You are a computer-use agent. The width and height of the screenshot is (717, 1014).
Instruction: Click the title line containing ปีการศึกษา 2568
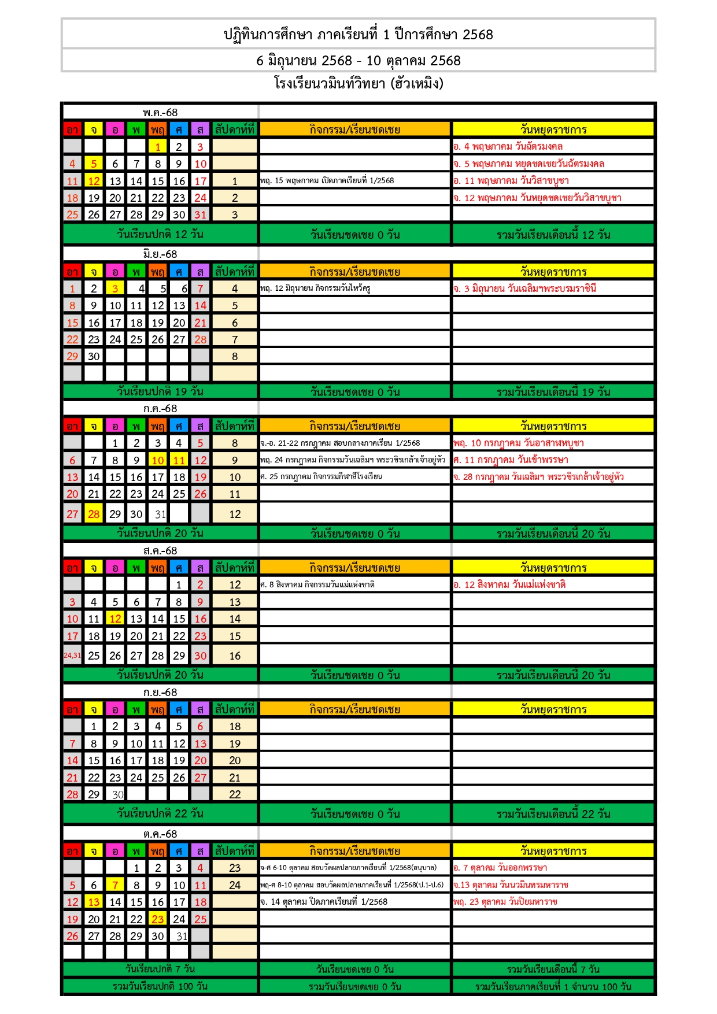pyautogui.click(x=358, y=34)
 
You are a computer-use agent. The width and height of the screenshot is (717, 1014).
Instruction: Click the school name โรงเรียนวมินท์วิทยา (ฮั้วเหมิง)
pyautogui.click(x=358, y=84)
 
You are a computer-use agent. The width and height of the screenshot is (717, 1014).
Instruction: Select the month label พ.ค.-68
pyautogui.click(x=160, y=113)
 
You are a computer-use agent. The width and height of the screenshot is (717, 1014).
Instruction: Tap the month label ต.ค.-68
pyautogui.click(x=160, y=834)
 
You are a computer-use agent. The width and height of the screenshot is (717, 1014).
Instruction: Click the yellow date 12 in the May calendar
pyautogui.click(x=94, y=181)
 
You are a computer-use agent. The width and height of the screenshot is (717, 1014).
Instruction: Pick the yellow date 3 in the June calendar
pyautogui.click(x=115, y=288)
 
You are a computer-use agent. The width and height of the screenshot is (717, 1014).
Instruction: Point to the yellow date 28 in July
pyautogui.click(x=94, y=514)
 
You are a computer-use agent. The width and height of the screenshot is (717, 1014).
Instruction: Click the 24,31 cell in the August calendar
pyautogui.click(x=72, y=656)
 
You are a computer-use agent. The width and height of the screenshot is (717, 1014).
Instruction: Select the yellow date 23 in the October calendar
pyautogui.click(x=158, y=919)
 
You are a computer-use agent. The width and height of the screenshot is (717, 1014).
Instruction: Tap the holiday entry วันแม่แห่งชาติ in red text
pyautogui.click(x=509, y=584)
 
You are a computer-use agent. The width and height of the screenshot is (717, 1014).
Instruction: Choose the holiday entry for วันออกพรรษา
pyautogui.click(x=500, y=868)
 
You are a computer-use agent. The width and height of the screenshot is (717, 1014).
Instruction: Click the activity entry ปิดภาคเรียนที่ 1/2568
pyautogui.click(x=324, y=902)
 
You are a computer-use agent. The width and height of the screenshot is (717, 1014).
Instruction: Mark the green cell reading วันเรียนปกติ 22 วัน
pyautogui.click(x=160, y=813)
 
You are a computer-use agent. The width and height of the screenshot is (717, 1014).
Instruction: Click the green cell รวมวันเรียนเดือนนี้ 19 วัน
pyautogui.click(x=553, y=392)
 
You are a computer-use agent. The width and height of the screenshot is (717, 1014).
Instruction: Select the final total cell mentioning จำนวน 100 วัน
pyautogui.click(x=553, y=987)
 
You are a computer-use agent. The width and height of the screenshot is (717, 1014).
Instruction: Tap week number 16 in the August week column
pyautogui.click(x=235, y=656)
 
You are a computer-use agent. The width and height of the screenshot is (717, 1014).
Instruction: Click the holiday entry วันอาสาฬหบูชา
pyautogui.click(x=519, y=443)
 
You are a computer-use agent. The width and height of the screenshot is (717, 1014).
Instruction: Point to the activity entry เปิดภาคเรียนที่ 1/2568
pyautogui.click(x=327, y=181)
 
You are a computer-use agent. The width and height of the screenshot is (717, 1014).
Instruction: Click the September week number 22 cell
pyautogui.click(x=235, y=794)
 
